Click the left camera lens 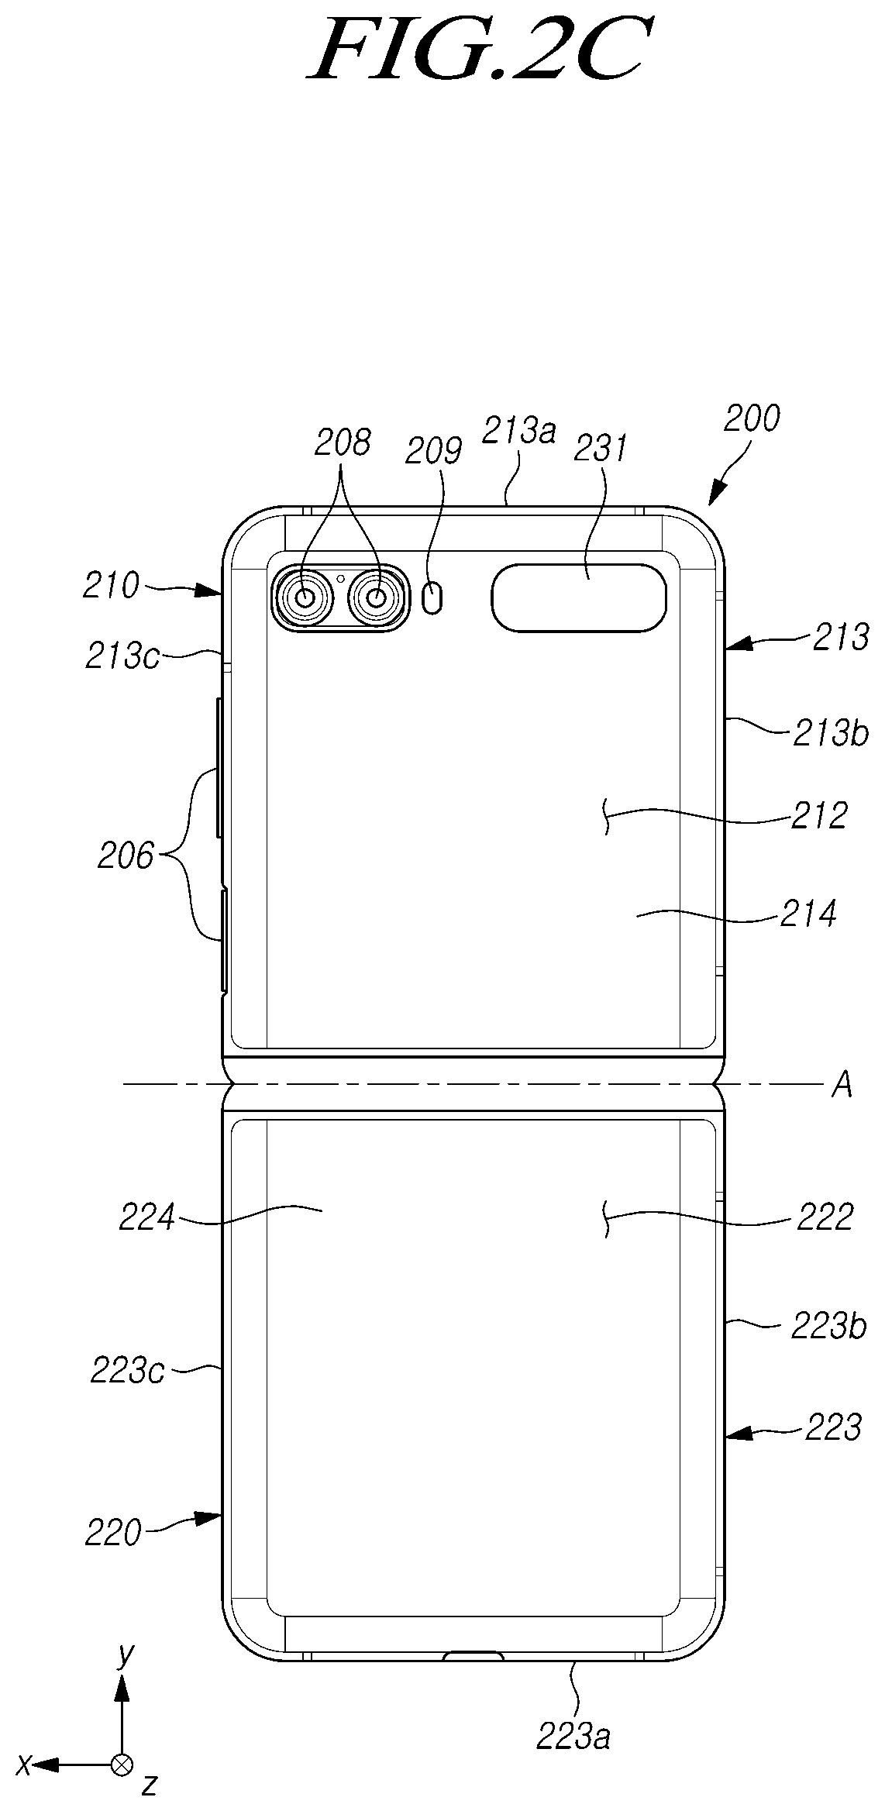click(x=305, y=597)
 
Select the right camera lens click(x=377, y=597)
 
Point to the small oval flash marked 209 click(x=435, y=598)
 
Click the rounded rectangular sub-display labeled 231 click(x=578, y=597)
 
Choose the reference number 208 click(x=342, y=443)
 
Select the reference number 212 click(x=819, y=815)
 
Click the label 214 click(x=809, y=914)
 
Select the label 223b click(x=828, y=1327)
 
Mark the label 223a click(x=573, y=1737)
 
